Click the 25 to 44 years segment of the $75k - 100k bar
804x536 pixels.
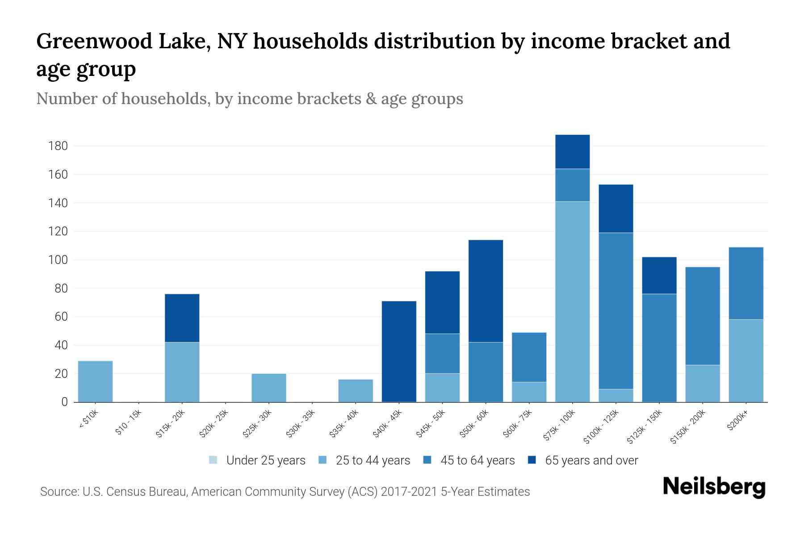click(572, 301)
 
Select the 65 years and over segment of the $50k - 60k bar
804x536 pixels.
click(486, 291)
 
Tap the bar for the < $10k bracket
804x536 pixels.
click(95, 381)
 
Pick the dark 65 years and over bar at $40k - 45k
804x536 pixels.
click(399, 352)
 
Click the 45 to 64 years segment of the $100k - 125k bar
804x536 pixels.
click(616, 310)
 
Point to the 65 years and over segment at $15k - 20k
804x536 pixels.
click(182, 318)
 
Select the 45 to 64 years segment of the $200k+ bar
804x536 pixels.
click(745, 283)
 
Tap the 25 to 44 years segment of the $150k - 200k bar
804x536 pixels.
click(702, 383)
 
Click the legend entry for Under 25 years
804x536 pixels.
click(257, 461)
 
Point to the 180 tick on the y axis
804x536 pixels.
click(58, 146)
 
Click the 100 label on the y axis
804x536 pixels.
click(58, 260)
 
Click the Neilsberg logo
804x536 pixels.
click(714, 487)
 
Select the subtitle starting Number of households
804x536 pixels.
click(249, 99)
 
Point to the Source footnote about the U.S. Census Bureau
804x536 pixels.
click(285, 492)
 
